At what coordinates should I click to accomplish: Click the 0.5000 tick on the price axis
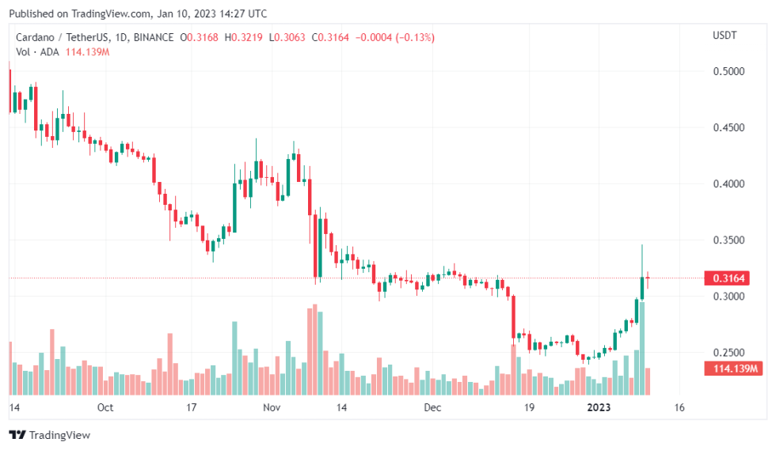click(729, 71)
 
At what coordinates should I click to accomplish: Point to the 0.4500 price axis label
click(729, 127)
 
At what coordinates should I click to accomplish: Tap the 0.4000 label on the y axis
click(729, 183)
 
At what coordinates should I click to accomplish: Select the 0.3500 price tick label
click(729, 240)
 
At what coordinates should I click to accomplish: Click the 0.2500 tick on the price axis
click(729, 352)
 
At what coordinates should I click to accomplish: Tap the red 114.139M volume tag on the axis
click(732, 369)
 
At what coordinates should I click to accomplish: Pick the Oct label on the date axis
click(105, 408)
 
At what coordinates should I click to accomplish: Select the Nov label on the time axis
click(272, 408)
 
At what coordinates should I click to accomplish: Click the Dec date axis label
click(432, 408)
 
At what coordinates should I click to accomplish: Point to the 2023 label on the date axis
click(593, 408)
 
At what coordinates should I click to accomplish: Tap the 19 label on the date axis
click(528, 408)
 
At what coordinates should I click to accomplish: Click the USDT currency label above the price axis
click(725, 35)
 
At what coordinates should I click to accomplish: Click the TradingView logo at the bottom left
click(49, 435)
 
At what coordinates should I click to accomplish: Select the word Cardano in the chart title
click(35, 37)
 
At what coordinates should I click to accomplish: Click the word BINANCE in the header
click(154, 37)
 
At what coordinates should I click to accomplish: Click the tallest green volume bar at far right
click(642, 348)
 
